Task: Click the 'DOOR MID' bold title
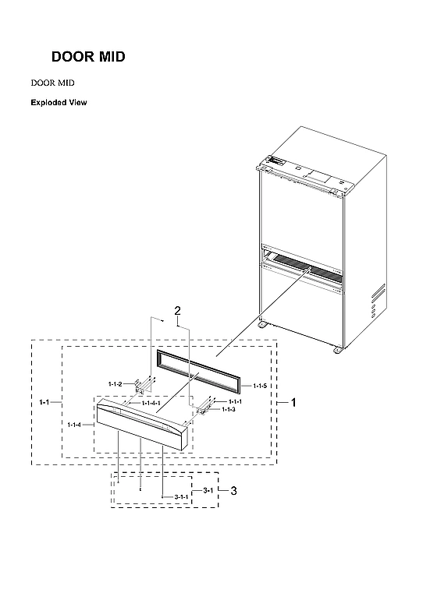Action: [87, 58]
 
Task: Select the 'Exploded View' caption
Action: [59, 102]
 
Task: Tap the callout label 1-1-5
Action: [260, 386]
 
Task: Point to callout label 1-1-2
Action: [115, 384]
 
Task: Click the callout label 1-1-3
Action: [229, 409]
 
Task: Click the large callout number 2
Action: [177, 312]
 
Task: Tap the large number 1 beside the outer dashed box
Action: [293, 403]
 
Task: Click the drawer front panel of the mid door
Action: [140, 433]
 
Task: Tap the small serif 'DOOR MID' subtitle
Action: [52, 82]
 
